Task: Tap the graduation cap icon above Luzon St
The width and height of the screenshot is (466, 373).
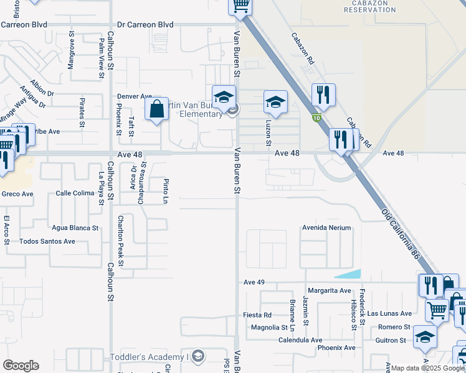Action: (275, 101)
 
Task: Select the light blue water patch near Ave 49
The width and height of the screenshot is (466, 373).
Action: (349, 274)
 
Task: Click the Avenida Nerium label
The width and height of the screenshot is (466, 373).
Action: (327, 228)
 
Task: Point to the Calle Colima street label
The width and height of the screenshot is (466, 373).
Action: (75, 193)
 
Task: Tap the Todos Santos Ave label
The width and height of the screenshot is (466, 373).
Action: (47, 241)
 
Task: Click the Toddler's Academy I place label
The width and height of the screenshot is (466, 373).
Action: (149, 357)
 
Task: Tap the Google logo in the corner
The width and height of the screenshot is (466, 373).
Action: (21, 366)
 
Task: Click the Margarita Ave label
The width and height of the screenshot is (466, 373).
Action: (329, 290)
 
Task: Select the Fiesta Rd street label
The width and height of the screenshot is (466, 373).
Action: (257, 315)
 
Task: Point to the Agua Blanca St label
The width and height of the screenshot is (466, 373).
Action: (75, 228)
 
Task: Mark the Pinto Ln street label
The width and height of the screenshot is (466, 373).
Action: (166, 191)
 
